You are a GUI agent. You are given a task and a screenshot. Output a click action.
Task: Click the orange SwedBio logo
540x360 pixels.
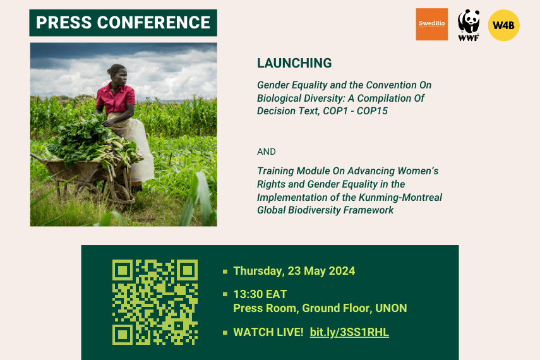click(431, 25)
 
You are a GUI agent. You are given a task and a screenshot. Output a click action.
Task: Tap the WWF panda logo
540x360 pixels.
click(469, 25)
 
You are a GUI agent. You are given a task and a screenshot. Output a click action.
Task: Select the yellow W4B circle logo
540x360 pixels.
click(503, 25)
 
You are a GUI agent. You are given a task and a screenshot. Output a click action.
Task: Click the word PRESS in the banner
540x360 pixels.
click(64, 23)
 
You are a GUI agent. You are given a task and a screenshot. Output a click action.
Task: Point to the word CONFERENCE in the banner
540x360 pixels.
click(153, 23)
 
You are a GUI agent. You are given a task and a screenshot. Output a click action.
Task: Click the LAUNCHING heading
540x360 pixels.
click(294, 63)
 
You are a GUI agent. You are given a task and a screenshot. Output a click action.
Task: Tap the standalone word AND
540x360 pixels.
click(267, 152)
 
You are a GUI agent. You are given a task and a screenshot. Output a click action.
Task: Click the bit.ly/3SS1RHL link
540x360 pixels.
click(349, 332)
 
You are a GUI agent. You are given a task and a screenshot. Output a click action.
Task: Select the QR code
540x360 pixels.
click(155, 302)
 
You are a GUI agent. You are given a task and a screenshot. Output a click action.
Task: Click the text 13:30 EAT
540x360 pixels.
click(260, 294)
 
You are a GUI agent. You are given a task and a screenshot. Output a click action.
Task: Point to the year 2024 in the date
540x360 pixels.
click(342, 271)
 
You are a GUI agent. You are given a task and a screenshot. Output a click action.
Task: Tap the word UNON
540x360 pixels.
click(391, 308)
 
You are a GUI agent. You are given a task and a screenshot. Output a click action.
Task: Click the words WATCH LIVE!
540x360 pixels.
click(268, 332)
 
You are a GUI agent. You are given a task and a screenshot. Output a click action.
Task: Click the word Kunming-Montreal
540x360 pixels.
click(400, 198)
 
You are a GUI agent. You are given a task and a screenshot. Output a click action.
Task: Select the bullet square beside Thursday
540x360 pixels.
click(225, 272)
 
